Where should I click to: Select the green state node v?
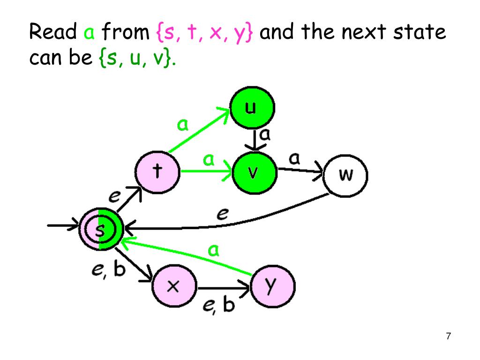(253, 172)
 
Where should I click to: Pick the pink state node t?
(156, 172)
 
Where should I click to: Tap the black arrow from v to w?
(300, 172)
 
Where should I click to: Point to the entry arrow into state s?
(63, 228)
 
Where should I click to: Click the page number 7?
(448, 336)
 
